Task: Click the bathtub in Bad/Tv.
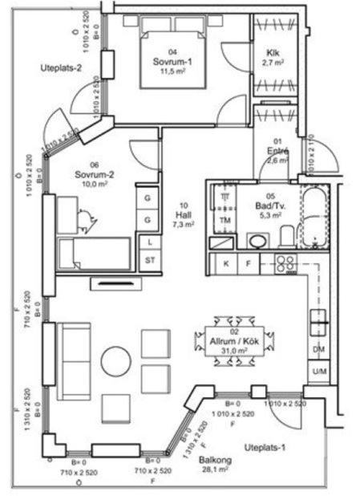(318, 217)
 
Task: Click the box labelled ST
(149, 260)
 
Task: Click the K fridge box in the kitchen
(226, 262)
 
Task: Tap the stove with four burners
(285, 262)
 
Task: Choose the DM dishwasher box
(318, 349)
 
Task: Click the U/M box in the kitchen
(318, 371)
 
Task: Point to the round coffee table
(116, 361)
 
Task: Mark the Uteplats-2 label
(62, 68)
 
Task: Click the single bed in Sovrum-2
(95, 253)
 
